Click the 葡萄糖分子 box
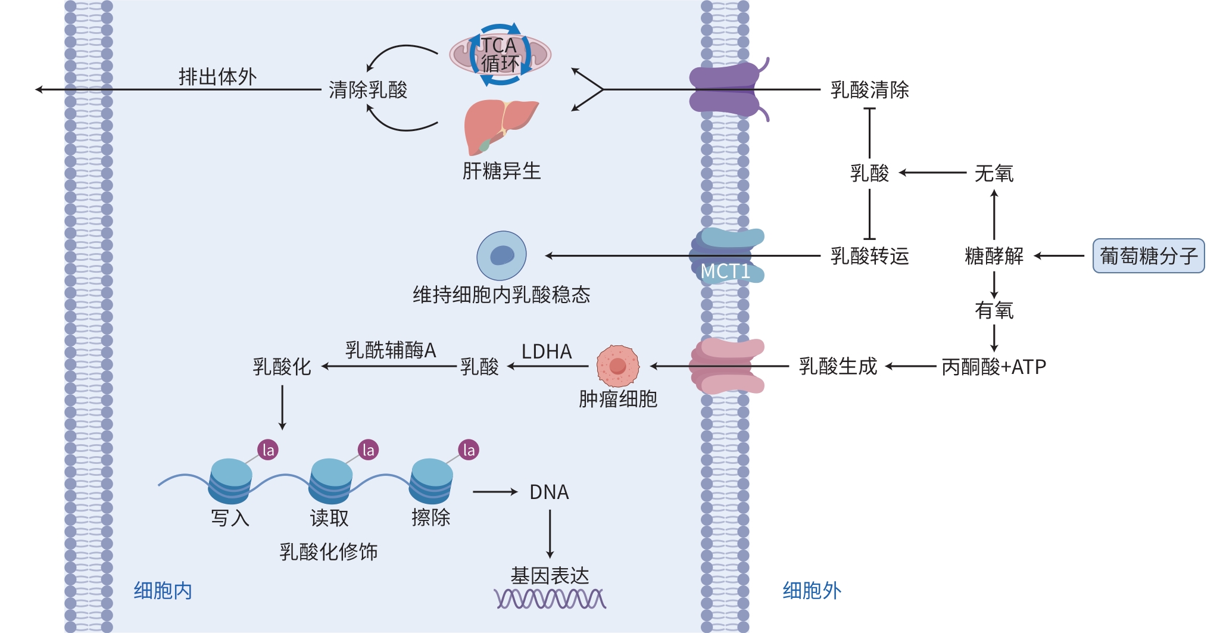(x=1148, y=256)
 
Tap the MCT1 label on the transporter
(x=725, y=272)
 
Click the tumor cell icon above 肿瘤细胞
(x=617, y=366)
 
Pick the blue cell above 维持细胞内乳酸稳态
(x=501, y=255)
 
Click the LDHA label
(x=546, y=352)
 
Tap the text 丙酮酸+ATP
(x=993, y=367)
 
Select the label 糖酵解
(x=993, y=256)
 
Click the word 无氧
(x=993, y=173)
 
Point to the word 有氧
(x=993, y=310)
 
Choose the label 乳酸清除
(x=869, y=90)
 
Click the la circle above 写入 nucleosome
(x=268, y=450)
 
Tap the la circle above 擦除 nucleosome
(x=469, y=450)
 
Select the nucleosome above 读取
(x=330, y=480)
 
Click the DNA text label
(x=549, y=492)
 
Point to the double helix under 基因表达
(x=550, y=598)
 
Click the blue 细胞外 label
(x=811, y=591)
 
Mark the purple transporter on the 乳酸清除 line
(x=725, y=90)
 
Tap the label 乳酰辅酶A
(x=391, y=350)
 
